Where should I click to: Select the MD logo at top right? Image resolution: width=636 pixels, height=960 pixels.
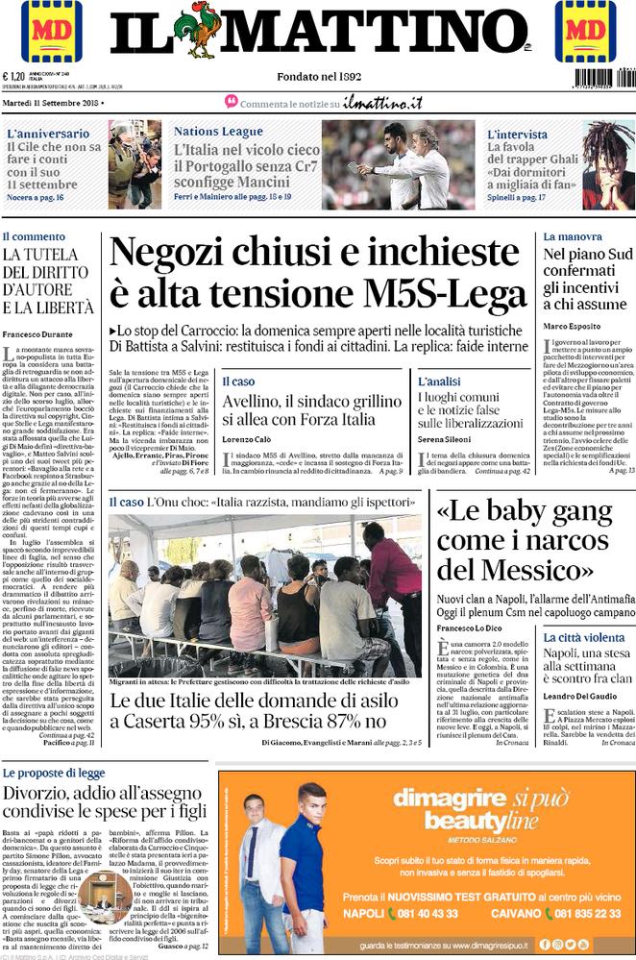pyautogui.click(x=584, y=31)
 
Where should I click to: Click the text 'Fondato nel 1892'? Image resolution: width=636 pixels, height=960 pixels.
pyautogui.click(x=318, y=76)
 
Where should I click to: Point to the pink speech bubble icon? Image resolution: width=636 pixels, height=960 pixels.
pyautogui.click(x=231, y=101)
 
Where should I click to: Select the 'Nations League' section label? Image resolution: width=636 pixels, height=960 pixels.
pyautogui.click(x=218, y=132)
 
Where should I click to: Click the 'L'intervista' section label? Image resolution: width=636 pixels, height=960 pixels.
pyautogui.click(x=517, y=135)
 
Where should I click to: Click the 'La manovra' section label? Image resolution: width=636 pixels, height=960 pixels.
pyautogui.click(x=573, y=236)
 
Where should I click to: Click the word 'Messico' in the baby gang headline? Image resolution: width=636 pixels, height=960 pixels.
pyautogui.click(x=526, y=572)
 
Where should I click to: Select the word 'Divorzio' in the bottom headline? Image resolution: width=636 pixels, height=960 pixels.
pyautogui.click(x=39, y=795)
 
